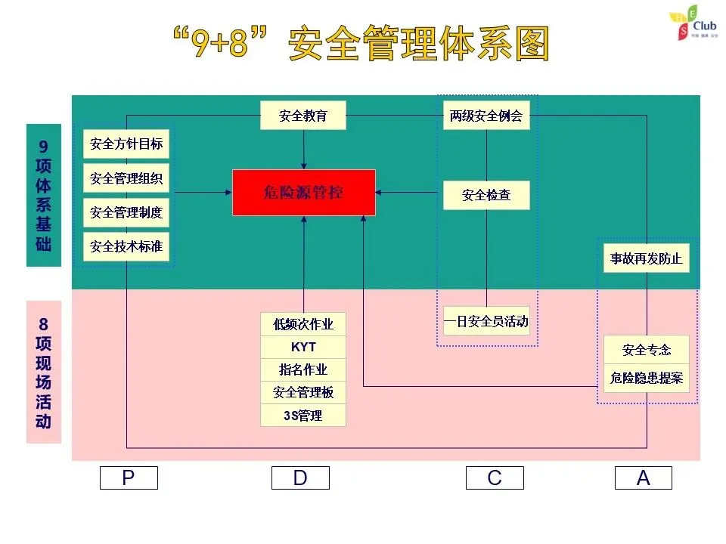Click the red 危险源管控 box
coord(303,193)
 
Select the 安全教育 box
coord(303,116)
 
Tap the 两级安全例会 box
coord(486,116)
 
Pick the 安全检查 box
coord(486,195)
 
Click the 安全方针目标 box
coord(126,144)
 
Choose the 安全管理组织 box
coord(126,178)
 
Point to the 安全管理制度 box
coord(126,212)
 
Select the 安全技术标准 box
coord(126,246)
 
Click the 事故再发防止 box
coord(646,259)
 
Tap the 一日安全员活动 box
coord(486,321)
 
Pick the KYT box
coord(303,348)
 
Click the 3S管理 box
coord(303,416)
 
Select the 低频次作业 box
coord(303,325)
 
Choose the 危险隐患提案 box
coord(646,377)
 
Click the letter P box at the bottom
coord(129,478)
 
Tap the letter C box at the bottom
coord(495,478)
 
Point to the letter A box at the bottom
coord(643,478)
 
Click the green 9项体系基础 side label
coord(44,195)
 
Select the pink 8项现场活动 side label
coord(44,372)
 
